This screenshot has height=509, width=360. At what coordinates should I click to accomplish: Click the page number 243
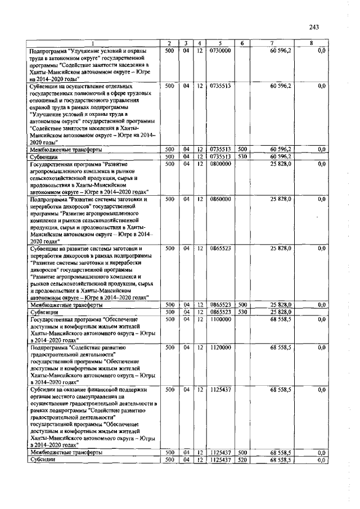(x=314, y=27)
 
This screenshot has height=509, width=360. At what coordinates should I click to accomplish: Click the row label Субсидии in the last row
(x=43, y=460)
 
